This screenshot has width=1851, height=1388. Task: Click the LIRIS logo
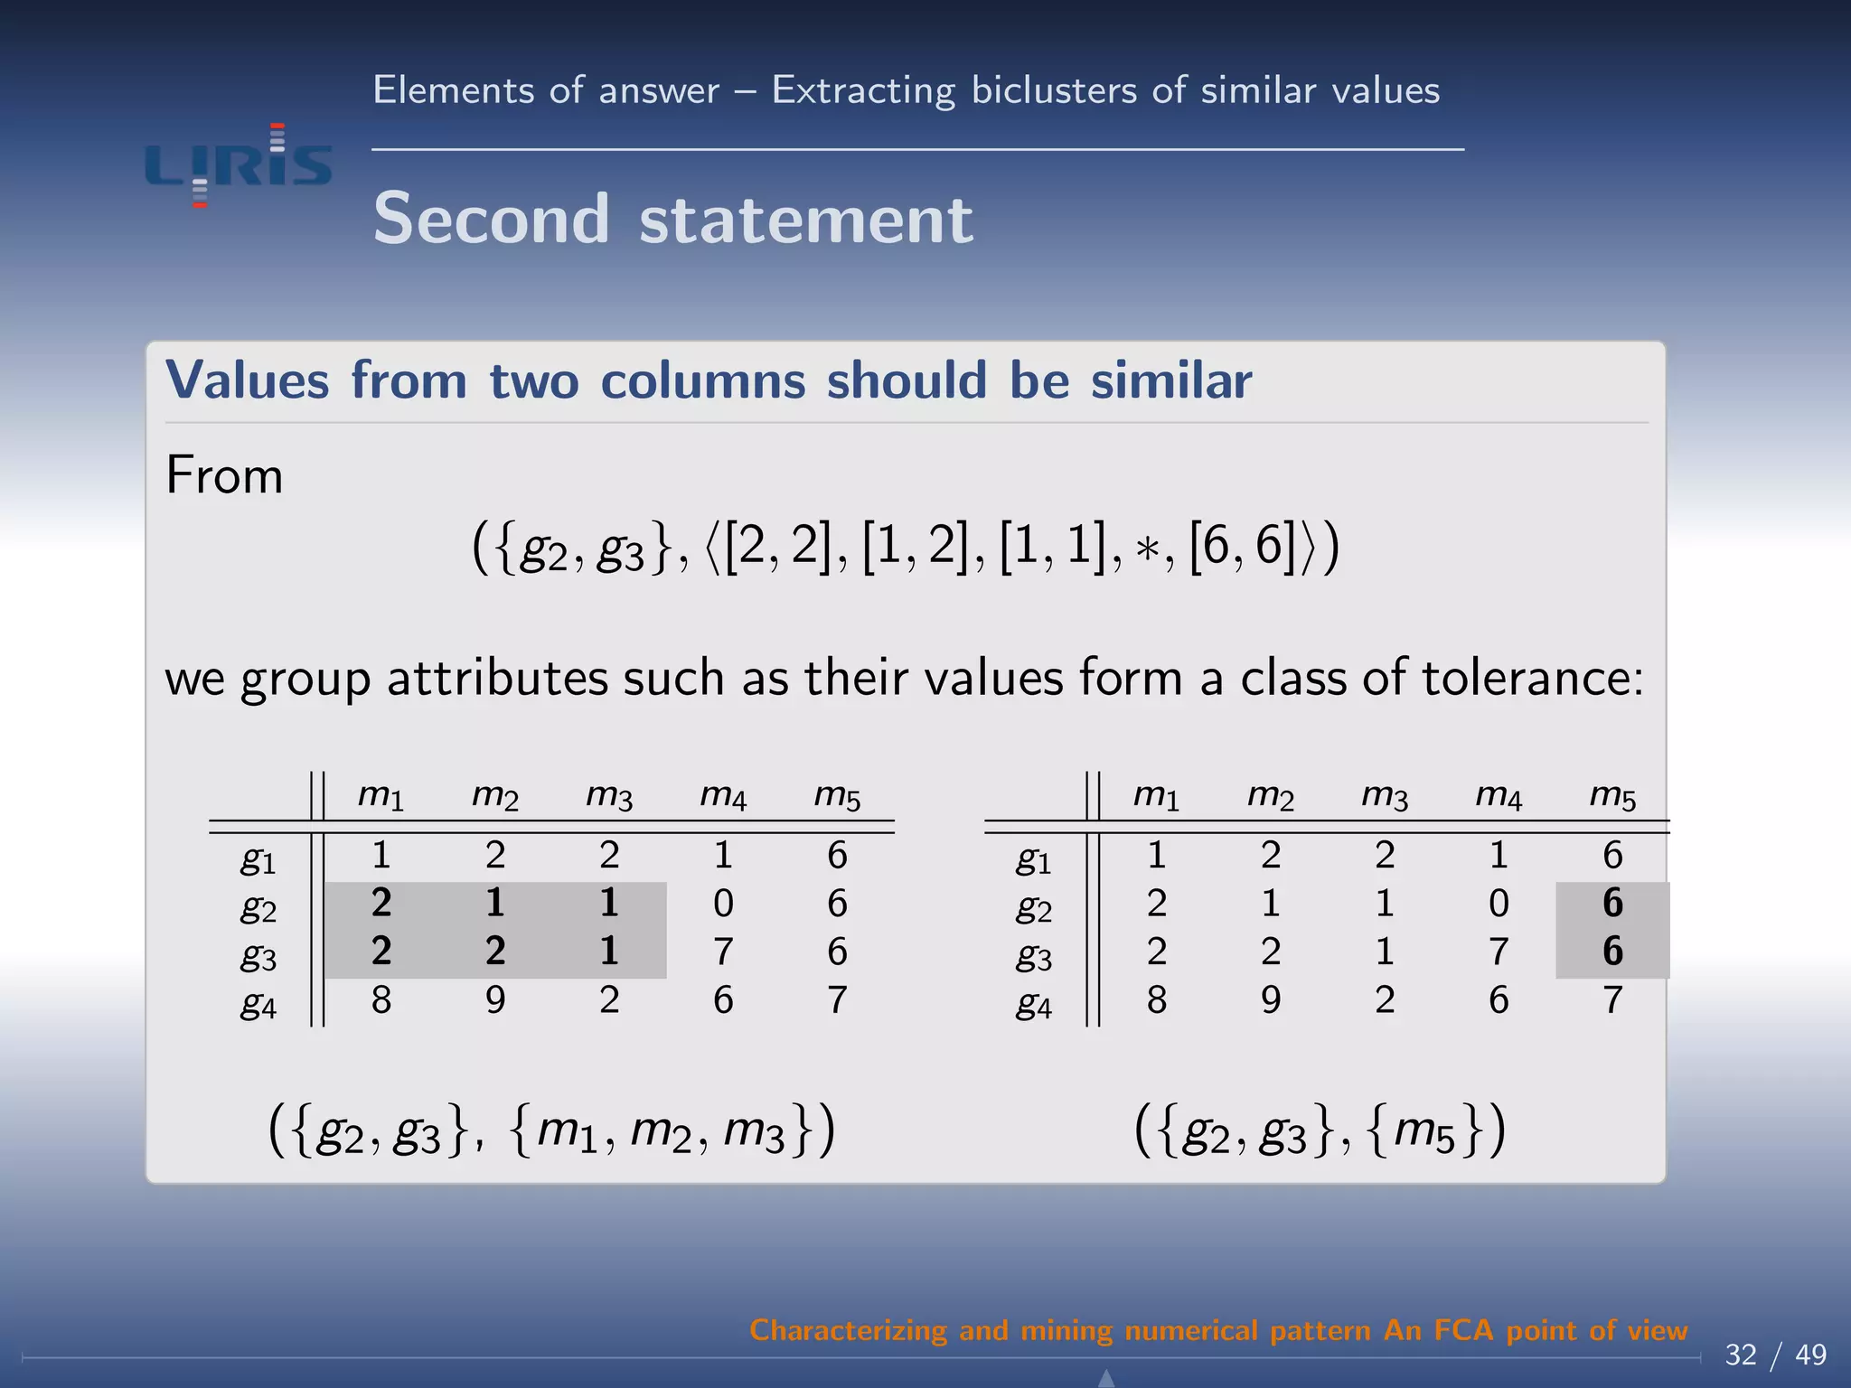coord(239,165)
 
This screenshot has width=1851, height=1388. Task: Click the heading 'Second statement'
coord(673,219)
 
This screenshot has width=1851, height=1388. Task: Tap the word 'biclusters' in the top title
coord(1053,91)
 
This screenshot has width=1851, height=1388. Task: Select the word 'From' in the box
coord(224,475)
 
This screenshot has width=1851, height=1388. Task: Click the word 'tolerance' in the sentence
coord(1531,678)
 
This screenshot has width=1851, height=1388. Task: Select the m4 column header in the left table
coord(723,795)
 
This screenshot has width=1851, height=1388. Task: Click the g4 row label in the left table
coord(258,1003)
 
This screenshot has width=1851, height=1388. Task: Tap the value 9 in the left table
coord(495,1000)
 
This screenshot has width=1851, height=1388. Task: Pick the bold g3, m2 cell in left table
coord(495,952)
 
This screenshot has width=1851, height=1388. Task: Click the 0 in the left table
coord(723,904)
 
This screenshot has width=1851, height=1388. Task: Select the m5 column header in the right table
coord(1612,795)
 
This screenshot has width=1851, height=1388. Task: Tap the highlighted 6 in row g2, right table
coord(1612,904)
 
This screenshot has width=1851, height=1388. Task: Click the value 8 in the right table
coord(1157,1000)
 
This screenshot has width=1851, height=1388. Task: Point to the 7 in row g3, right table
coord(1499,952)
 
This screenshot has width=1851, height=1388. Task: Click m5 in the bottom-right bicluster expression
coord(1424,1131)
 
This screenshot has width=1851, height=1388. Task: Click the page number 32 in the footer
coord(1741,1355)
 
